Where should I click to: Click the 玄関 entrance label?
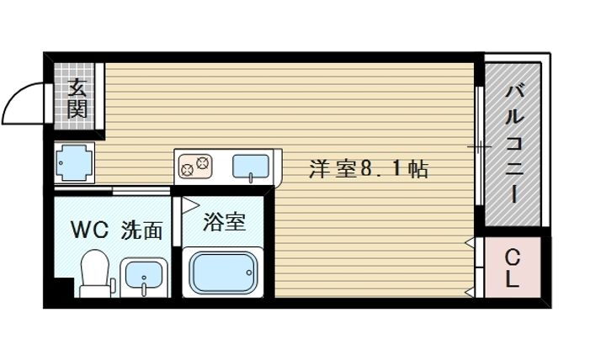[77, 97]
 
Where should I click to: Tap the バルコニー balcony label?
[513, 142]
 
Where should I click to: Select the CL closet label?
[512, 268]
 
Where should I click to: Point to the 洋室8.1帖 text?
[369, 169]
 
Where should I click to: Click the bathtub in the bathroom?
[222, 272]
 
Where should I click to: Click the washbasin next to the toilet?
[142, 277]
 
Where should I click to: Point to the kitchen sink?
[250, 166]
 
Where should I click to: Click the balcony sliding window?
[478, 147]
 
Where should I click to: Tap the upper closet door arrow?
[469, 244]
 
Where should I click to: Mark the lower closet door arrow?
[469, 292]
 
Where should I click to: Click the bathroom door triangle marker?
[189, 204]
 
